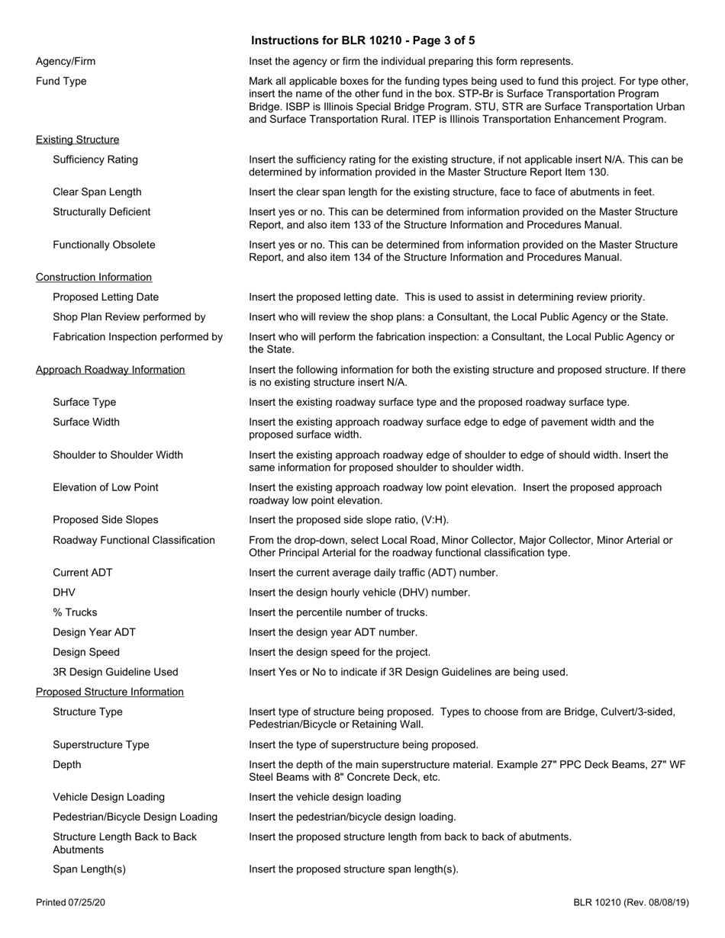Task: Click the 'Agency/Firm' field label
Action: coord(66,61)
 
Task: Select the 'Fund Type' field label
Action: coord(61,81)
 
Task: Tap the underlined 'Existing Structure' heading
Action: coord(77,140)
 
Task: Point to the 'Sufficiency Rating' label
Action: coord(95,159)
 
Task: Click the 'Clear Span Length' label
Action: coord(97,191)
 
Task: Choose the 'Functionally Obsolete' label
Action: coord(104,245)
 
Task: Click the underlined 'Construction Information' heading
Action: coord(94,277)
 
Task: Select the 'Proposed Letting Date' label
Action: coord(106,297)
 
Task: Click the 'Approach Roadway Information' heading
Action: coord(110,369)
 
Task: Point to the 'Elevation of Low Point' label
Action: coord(105,487)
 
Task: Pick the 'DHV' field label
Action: coord(64,592)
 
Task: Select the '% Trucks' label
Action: coord(75,612)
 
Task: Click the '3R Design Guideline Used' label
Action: coord(115,672)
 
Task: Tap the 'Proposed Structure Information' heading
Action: coord(110,692)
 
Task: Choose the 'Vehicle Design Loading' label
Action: coord(108,797)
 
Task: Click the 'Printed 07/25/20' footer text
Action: coord(70,902)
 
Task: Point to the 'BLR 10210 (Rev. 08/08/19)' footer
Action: coord(631,902)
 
